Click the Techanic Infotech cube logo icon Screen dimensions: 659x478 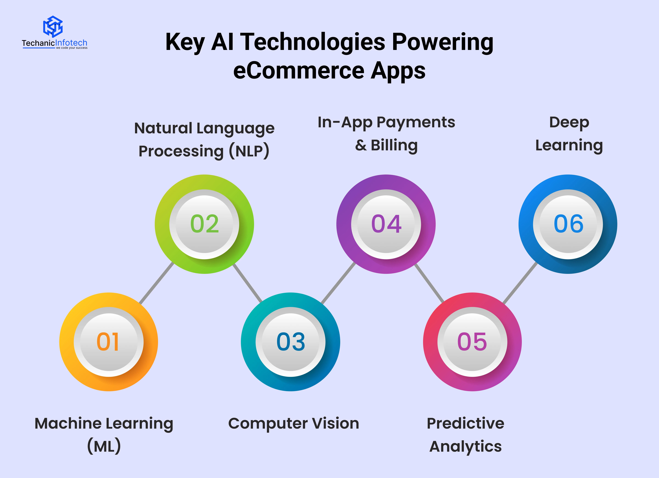tap(53, 26)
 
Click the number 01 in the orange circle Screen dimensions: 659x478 tap(108, 342)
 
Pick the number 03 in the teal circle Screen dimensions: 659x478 tap(291, 342)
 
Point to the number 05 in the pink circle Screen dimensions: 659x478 tap(472, 342)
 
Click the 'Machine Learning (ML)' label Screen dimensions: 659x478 tap(104, 435)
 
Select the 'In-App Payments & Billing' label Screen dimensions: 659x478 tap(386, 134)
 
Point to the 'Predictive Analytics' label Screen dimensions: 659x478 tap(465, 435)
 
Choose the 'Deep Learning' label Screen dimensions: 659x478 tap(569, 134)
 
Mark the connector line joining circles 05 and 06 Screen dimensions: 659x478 tap(520, 283)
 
